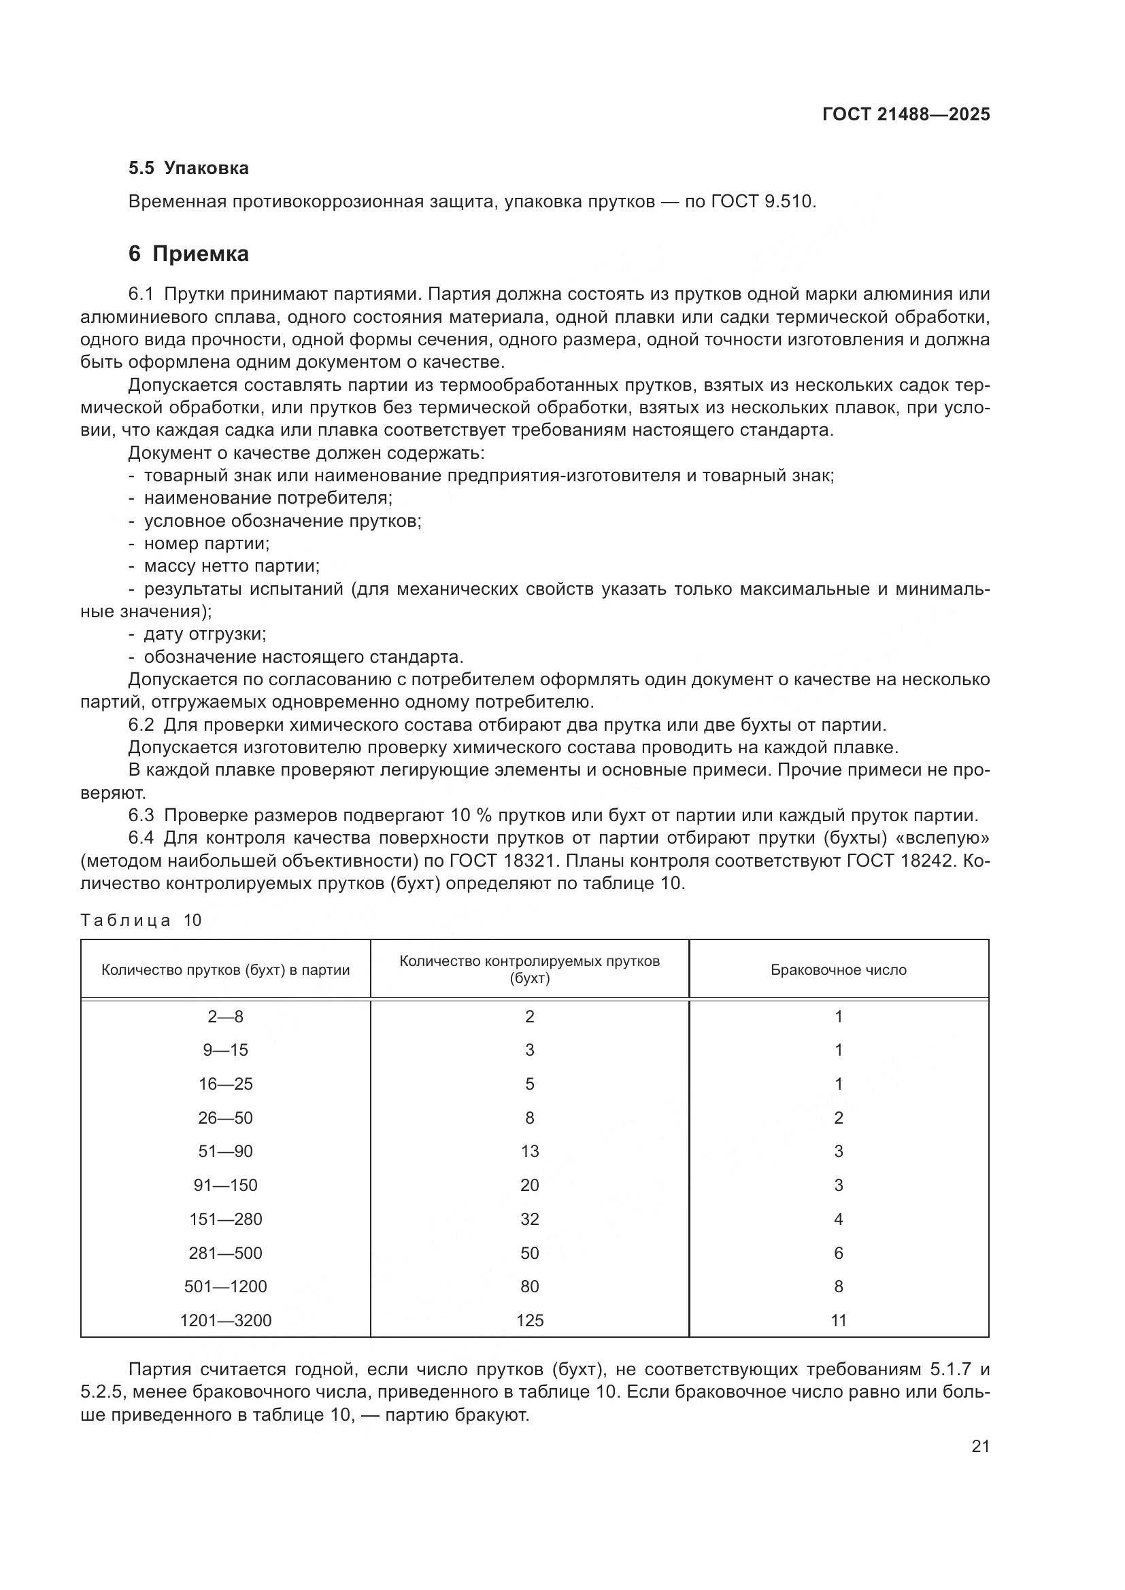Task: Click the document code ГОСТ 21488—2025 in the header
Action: (x=905, y=114)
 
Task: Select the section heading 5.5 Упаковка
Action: (x=188, y=168)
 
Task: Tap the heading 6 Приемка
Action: (x=188, y=254)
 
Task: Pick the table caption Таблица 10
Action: (x=141, y=920)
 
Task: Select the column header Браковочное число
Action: (x=838, y=969)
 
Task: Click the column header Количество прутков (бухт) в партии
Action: (x=225, y=969)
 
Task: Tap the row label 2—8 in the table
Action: (x=225, y=1016)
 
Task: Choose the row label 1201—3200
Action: (x=225, y=1320)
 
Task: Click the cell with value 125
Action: (x=529, y=1320)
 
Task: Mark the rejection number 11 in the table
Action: (x=838, y=1320)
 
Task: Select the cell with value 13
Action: (x=529, y=1151)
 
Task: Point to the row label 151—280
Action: (x=225, y=1219)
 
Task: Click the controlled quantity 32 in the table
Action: (x=529, y=1219)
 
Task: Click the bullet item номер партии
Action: (x=207, y=544)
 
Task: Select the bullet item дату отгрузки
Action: (x=204, y=634)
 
